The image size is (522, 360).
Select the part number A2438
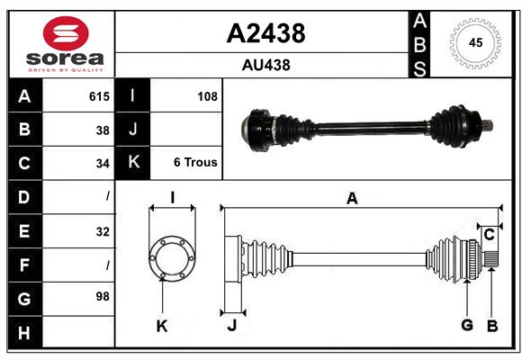click(265, 33)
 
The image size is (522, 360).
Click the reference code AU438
click(265, 65)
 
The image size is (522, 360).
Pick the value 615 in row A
click(99, 96)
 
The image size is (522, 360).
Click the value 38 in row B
click(103, 130)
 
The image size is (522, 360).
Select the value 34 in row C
click(103, 163)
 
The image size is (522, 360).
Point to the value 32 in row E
click(103, 231)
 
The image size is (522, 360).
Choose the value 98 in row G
click(103, 296)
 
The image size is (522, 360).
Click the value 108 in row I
click(207, 96)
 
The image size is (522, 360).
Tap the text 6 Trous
click(195, 163)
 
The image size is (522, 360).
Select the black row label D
click(24, 196)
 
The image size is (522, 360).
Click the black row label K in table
click(133, 163)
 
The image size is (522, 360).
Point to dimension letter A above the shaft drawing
click(352, 199)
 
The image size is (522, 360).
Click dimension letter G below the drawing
click(466, 325)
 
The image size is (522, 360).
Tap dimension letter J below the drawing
click(231, 325)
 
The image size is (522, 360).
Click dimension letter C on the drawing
click(489, 235)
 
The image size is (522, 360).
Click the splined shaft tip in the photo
click(485, 127)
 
